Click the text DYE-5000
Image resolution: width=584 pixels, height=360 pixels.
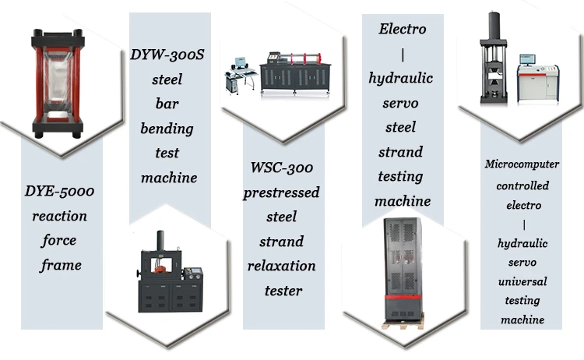tap(61, 191)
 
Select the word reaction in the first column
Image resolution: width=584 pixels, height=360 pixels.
tap(60, 216)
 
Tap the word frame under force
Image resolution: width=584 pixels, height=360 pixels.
tap(61, 266)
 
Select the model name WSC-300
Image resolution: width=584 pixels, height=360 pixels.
tap(282, 168)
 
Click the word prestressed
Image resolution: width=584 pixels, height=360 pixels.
tap(282, 192)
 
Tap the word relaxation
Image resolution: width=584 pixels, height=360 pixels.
tap(282, 266)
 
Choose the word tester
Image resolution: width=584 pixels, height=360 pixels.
tap(282, 291)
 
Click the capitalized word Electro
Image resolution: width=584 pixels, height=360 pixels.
tap(403, 30)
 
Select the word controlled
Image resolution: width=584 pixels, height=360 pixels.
tap(522, 185)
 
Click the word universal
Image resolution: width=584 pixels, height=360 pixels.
tap(522, 281)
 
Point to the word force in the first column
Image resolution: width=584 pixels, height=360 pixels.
tap(60, 241)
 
